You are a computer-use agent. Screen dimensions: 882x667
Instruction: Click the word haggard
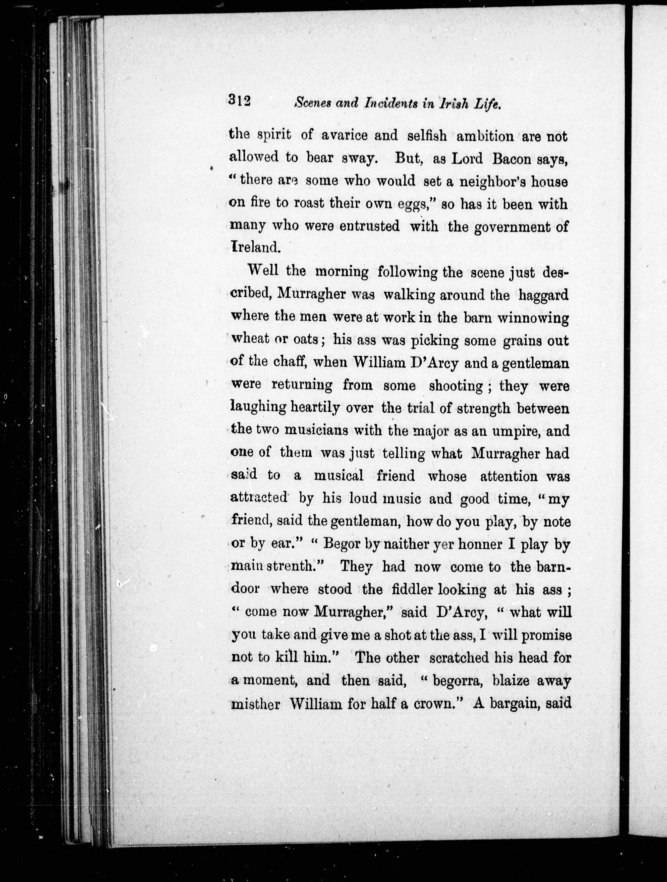[x=543, y=295]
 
